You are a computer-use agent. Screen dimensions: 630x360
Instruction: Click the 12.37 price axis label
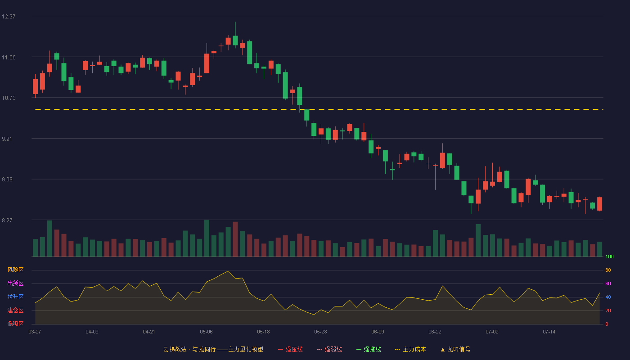coord(9,17)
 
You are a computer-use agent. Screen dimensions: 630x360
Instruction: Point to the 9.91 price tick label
coord(7,139)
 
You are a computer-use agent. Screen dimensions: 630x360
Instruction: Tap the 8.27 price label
coord(7,220)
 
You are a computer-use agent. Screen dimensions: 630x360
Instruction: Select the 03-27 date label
coord(35,332)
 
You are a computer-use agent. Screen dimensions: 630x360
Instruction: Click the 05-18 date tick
coord(263,332)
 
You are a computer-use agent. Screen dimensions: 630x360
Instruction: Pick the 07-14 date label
coord(549,332)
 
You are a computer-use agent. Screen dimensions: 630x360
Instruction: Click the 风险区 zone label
coord(15,270)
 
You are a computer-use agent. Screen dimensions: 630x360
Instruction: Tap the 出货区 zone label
coord(15,283)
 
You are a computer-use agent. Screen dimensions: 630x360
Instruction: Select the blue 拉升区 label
coord(15,297)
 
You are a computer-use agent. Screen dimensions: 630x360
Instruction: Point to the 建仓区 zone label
coord(15,310)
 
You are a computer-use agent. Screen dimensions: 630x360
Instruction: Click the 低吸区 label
coord(15,324)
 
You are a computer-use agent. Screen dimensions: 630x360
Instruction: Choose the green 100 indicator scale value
coord(609,256)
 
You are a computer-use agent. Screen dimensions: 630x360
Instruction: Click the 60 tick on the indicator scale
coord(608,283)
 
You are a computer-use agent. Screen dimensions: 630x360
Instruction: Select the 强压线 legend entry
coord(290,349)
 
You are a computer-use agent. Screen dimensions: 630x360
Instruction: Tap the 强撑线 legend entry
coord(369,349)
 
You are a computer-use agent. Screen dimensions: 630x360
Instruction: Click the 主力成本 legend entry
coord(410,349)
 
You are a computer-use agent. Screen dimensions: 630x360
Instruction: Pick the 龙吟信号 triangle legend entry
coord(455,349)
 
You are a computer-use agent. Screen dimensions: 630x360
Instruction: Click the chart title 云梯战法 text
coord(175,349)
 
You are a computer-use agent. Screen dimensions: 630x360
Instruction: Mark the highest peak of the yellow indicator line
coord(228,271)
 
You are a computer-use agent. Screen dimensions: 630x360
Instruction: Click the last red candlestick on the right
coord(599,204)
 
